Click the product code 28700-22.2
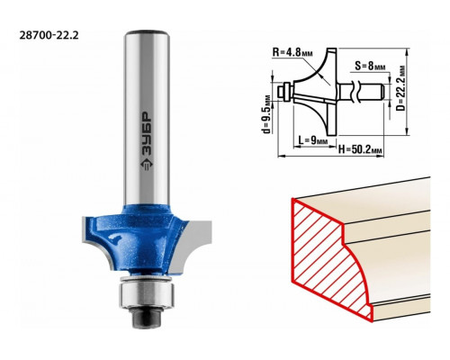(x=49, y=35)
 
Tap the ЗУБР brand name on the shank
(x=147, y=133)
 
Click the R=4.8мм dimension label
(x=292, y=52)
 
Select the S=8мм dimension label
(x=370, y=66)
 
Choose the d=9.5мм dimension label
(x=265, y=114)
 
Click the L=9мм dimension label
(x=313, y=139)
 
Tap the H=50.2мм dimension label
(x=360, y=149)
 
